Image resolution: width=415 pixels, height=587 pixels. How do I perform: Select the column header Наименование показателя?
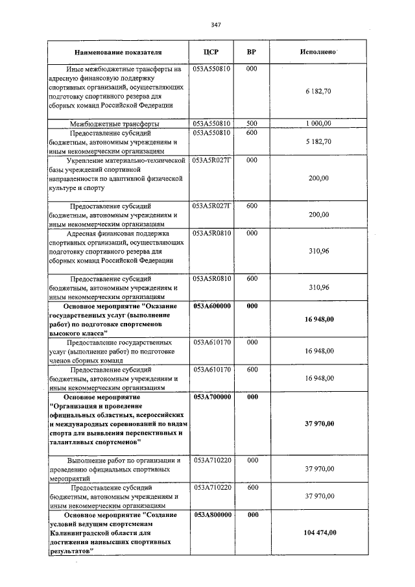[118, 51]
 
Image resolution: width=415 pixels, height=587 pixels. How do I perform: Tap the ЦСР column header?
[212, 51]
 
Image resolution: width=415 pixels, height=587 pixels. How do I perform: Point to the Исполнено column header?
[317, 51]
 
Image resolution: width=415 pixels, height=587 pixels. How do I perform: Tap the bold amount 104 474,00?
[319, 532]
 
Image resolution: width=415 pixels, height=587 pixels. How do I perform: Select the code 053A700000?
[212, 396]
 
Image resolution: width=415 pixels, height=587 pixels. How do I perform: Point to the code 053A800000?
[212, 514]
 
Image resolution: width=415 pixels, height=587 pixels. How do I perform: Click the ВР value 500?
[252, 123]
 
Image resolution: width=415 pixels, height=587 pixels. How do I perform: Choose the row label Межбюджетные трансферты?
[115, 123]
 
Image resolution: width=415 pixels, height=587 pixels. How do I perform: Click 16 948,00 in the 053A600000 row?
[319, 319]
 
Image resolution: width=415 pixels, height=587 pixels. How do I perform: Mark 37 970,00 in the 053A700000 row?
[319, 424]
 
